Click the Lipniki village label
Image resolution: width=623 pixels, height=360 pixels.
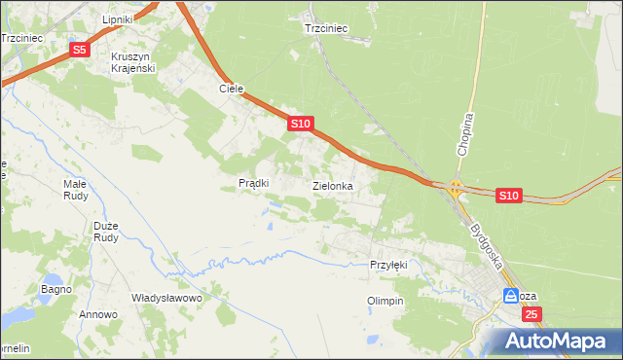pos(123,19)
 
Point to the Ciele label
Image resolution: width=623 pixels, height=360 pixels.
pos(231,89)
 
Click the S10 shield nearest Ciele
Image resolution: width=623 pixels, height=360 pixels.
pos(300,124)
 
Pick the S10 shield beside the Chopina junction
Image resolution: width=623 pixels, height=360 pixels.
pos(508,196)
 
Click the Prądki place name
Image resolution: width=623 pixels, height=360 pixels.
pos(253,183)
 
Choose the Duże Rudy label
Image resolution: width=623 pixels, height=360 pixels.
pos(106,232)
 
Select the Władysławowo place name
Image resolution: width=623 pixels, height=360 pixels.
pos(166,298)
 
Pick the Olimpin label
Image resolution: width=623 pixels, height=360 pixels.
pos(385,302)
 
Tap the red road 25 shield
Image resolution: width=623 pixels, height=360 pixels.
pos(531,314)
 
